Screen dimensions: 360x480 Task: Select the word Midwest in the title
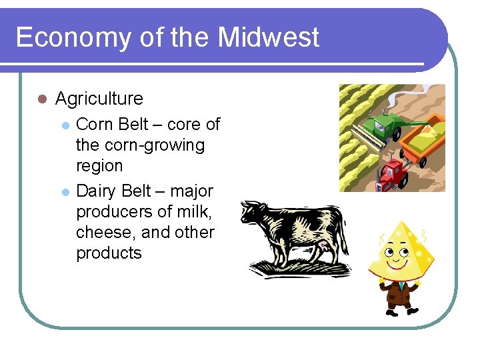click(x=269, y=37)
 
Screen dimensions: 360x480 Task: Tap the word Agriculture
click(x=99, y=99)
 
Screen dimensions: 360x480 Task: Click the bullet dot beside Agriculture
click(x=41, y=99)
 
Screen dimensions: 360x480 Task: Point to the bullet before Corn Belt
click(x=65, y=125)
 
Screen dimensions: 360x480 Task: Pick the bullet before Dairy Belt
click(x=65, y=191)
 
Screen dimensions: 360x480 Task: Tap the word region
click(x=99, y=166)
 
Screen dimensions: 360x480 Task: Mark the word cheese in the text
click(x=107, y=233)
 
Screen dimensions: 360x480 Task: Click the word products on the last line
click(x=109, y=253)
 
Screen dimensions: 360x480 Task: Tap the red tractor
click(x=393, y=173)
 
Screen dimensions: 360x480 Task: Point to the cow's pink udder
click(x=325, y=247)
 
